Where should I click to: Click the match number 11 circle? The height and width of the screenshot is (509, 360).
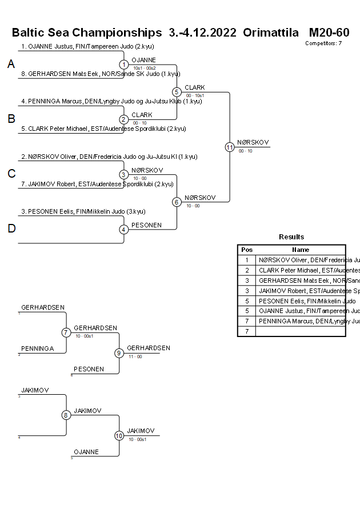230,147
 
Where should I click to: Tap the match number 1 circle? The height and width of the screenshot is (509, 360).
124,65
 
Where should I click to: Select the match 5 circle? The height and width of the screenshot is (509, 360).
177,92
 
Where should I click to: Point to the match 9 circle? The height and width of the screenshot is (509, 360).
119,353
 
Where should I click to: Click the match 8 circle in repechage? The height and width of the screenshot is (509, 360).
66,415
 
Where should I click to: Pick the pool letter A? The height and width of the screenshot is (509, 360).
11,65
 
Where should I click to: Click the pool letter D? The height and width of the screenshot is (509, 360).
11,229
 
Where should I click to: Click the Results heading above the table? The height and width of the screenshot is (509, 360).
291,237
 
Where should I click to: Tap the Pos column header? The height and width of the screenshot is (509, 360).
247,250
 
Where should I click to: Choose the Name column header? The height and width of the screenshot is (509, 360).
301,250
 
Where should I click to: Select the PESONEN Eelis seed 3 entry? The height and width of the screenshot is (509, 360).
83,211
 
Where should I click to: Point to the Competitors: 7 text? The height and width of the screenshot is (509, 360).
323,43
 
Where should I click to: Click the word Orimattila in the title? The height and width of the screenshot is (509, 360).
271,33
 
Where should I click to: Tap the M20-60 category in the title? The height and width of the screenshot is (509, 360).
329,33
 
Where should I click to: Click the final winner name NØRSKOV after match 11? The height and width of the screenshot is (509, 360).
253,143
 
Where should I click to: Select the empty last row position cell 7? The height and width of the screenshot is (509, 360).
247,331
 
